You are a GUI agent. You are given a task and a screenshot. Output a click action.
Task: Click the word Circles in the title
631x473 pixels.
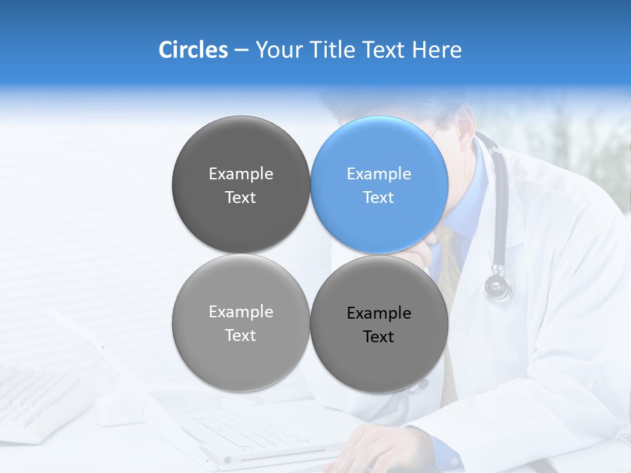(193, 50)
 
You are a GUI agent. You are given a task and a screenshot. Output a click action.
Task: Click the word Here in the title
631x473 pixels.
(436, 50)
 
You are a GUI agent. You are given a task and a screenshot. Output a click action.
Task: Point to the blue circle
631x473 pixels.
(379, 185)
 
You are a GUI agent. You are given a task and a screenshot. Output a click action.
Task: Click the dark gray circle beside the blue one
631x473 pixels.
(241, 185)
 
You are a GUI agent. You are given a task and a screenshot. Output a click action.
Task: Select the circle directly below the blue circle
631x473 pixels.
(379, 324)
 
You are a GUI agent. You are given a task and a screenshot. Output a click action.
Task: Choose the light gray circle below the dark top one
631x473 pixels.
(241, 323)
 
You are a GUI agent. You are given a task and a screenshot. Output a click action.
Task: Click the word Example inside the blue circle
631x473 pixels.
(379, 174)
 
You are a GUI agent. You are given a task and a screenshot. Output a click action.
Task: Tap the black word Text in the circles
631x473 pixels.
(379, 337)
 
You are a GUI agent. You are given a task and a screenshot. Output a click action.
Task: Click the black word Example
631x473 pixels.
(379, 313)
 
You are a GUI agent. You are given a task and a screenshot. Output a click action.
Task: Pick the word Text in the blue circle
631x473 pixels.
(379, 198)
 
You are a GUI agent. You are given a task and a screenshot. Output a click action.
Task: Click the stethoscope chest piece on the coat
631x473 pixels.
(499, 286)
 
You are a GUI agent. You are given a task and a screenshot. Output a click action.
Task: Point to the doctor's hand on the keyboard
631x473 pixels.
(375, 447)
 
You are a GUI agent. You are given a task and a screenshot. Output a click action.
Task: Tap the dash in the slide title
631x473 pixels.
(241, 51)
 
